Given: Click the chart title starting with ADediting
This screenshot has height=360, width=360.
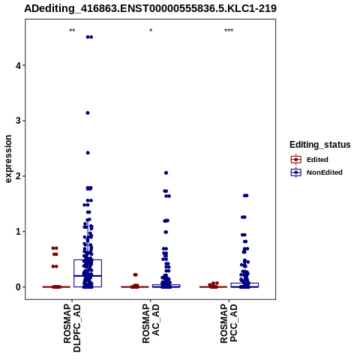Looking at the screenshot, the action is pos(150,8).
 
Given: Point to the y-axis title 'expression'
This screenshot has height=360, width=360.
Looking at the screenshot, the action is pos(8,159).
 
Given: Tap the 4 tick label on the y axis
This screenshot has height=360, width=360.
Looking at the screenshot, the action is pos(18,65).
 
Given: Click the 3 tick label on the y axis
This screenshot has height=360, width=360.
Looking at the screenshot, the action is pos(18,121).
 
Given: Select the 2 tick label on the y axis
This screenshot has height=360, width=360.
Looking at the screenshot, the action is pos(18,176).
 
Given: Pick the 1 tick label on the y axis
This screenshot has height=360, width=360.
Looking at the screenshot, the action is pos(18,232).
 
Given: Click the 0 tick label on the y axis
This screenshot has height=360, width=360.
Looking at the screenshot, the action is pos(18,287).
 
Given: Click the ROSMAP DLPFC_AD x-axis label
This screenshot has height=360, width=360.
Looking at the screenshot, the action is pos(72,328).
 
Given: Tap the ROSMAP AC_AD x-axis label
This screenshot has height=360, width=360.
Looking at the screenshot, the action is pos(151,323).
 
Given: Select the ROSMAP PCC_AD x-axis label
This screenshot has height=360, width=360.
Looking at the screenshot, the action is pos(229,323).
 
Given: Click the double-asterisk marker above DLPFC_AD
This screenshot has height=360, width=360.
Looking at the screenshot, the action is pos(72,31).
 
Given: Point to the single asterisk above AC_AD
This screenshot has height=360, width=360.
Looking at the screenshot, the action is pos(151,31).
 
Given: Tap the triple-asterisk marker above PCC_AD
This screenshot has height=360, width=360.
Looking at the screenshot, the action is pos(229,31).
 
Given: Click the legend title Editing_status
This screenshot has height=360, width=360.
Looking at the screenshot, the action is pos(320,145).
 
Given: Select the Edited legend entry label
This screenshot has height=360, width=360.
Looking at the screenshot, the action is pos(317,160).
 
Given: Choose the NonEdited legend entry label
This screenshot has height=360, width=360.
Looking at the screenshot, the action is pos(325,172).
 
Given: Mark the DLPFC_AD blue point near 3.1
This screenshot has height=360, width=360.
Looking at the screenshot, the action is pos(88,113).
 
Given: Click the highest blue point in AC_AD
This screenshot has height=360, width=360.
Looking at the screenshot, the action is pos(166,172).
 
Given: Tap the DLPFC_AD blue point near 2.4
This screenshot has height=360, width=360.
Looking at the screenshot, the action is pos(88,153).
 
